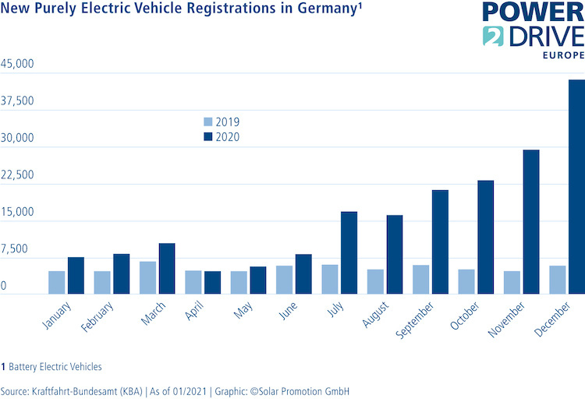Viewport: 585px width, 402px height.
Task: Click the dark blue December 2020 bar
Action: [576, 187]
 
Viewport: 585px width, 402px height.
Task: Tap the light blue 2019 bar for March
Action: [147, 277]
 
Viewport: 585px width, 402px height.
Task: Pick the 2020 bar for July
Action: [349, 252]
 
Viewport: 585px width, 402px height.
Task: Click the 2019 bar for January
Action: [57, 282]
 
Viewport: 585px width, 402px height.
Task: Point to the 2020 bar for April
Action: [212, 282]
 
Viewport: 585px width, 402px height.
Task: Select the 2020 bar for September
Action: [440, 242]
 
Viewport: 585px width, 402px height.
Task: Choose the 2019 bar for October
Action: [466, 281]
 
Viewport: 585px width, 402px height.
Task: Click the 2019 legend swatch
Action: [207, 122]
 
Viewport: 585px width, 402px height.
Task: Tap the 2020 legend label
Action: [228, 137]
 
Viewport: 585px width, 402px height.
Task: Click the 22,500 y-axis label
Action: [17, 175]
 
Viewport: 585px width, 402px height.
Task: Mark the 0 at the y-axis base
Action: [4, 287]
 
